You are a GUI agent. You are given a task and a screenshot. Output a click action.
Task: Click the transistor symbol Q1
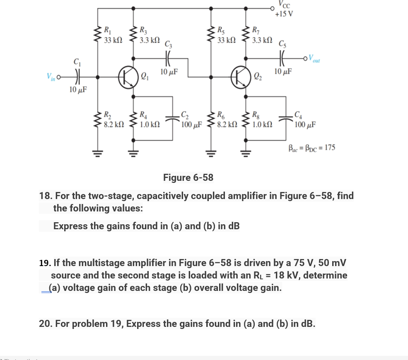(128, 77)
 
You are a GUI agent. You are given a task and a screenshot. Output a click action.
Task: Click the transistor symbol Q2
(241, 77)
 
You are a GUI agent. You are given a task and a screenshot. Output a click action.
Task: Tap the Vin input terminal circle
(58, 77)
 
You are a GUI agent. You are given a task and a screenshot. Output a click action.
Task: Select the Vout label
(314, 58)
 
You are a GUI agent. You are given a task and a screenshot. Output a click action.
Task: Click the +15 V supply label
(284, 14)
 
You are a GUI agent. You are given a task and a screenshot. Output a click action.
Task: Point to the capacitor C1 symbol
(77, 77)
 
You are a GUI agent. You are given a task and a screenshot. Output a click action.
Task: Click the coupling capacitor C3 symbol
(168, 58)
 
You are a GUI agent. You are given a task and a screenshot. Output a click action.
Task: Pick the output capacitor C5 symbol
(282, 58)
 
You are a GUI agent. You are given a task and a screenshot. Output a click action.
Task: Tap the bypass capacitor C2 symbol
(172, 119)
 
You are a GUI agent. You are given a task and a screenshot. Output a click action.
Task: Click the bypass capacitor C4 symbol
(286, 119)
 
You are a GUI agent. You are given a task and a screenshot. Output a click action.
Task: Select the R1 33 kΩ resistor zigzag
(98, 34)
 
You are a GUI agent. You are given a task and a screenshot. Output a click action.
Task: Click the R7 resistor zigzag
(246, 34)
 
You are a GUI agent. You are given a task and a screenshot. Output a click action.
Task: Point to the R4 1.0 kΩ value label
(150, 125)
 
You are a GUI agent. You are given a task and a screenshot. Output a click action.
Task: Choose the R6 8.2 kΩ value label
(227, 125)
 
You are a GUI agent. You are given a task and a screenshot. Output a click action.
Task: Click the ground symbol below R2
(98, 154)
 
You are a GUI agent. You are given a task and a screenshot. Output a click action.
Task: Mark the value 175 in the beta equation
(330, 147)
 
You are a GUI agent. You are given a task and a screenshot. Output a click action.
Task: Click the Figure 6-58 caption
(188, 178)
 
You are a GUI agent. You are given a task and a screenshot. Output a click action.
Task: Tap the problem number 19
(45, 263)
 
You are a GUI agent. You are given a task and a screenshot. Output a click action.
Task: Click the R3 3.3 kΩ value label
(150, 40)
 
